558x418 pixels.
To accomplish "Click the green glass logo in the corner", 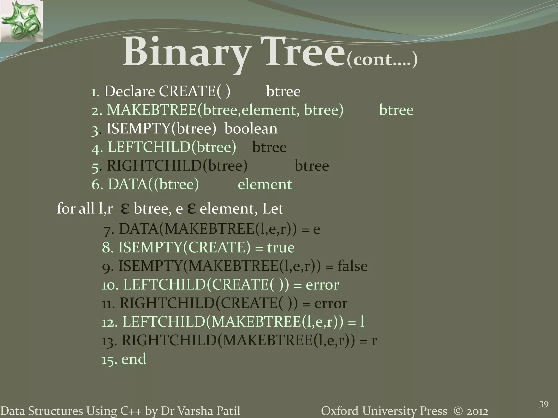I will point(21,21).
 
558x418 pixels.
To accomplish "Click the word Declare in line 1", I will point(130,91).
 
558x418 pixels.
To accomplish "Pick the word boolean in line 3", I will point(251,128).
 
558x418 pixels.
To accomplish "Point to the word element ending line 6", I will point(265,185).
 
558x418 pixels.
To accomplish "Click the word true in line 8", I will point(281,248).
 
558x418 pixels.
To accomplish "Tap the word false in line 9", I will point(352,266).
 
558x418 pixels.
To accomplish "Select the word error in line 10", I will point(322,285).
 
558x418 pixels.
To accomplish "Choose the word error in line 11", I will point(331,303).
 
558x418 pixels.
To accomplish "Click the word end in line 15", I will point(134,359).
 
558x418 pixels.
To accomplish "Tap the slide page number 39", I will point(544,404).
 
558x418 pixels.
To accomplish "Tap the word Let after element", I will point(272,209).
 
